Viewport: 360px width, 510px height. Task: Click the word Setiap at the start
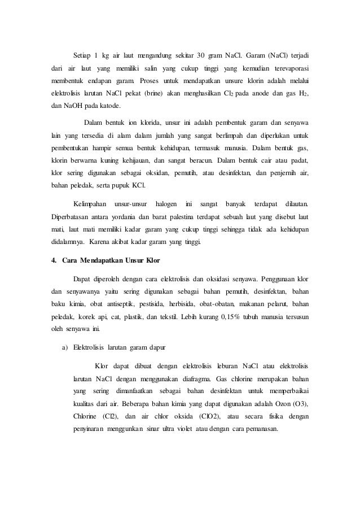(x=83, y=55)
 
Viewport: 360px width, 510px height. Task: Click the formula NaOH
(x=69, y=106)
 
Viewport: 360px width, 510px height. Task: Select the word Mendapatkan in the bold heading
(x=99, y=261)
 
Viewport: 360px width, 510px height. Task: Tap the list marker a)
(x=64, y=347)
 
